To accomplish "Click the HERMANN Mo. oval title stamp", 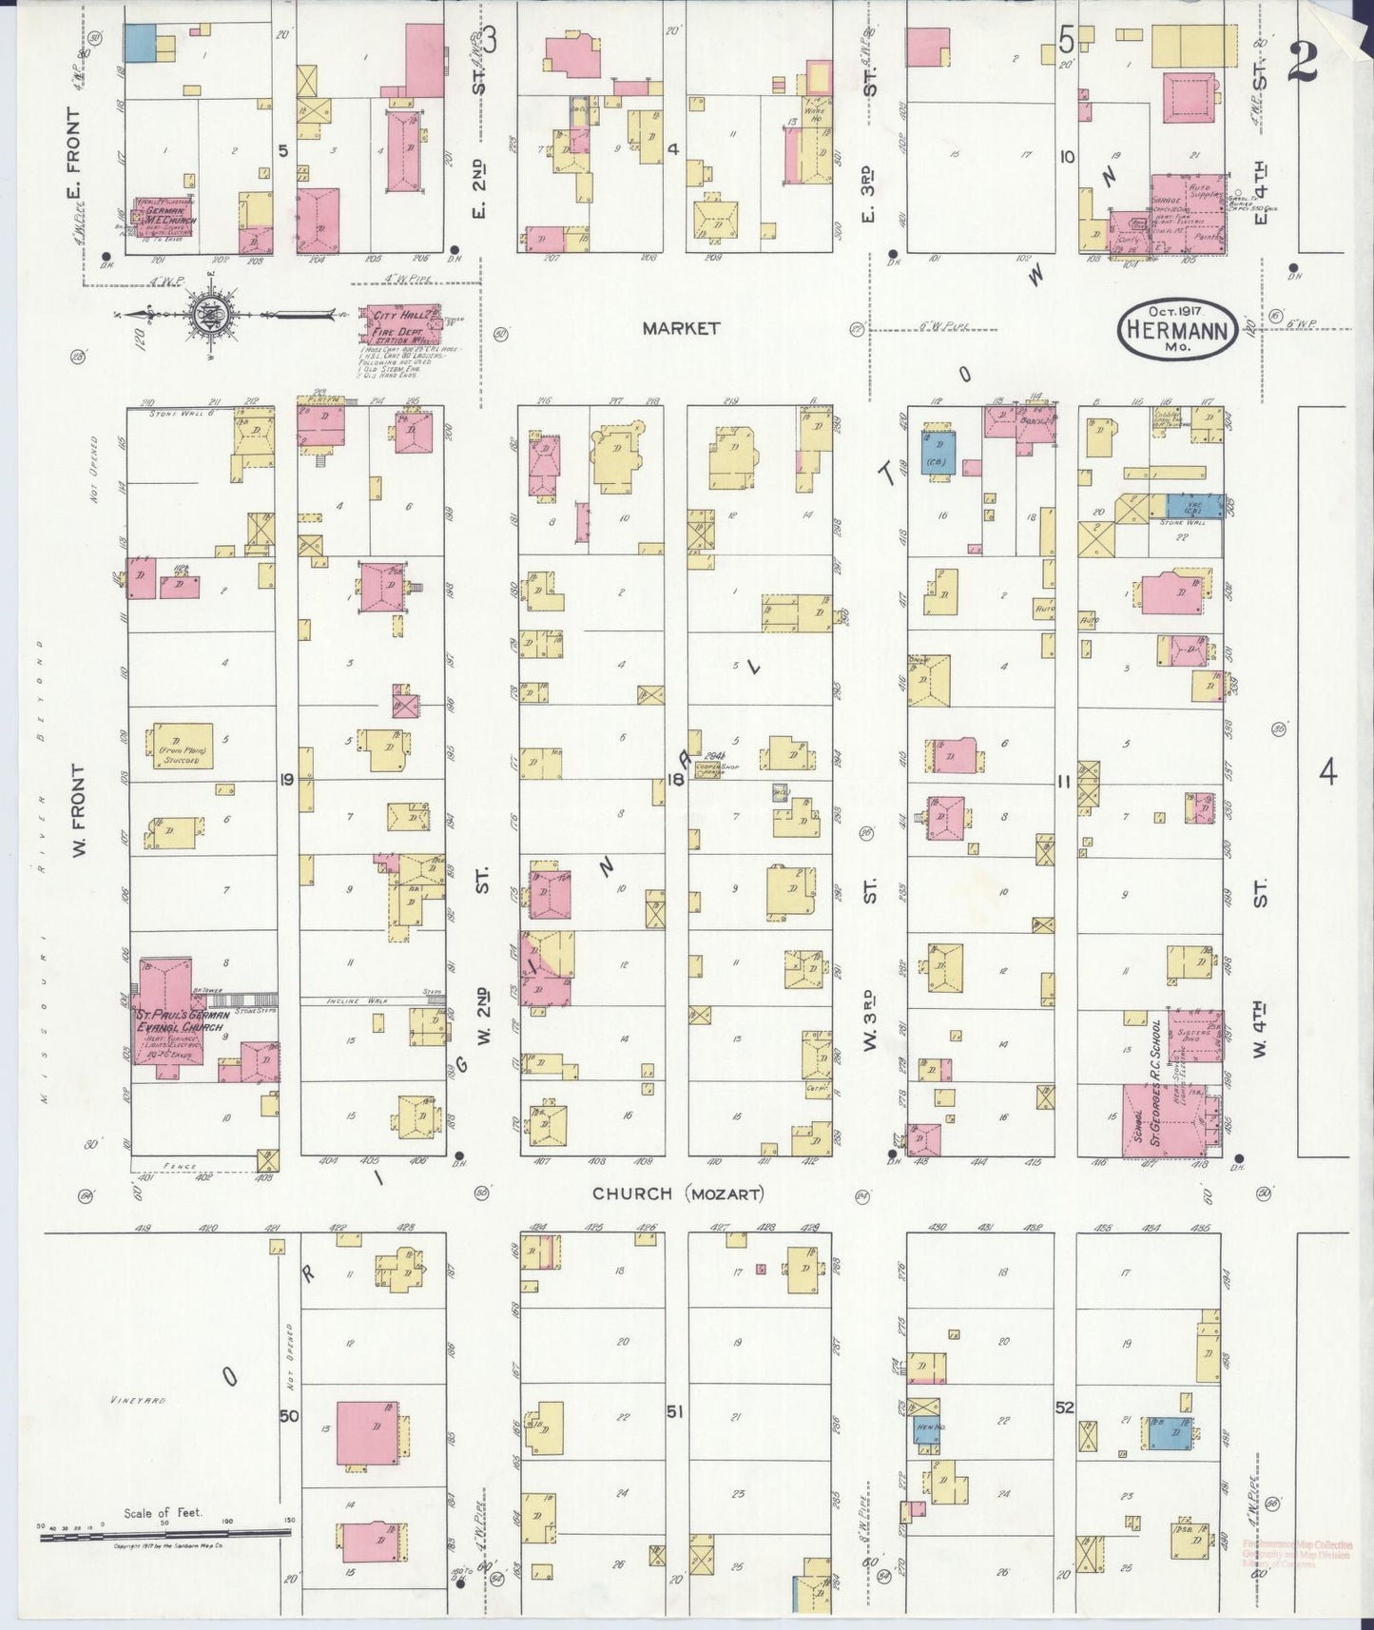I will [x=1176, y=329].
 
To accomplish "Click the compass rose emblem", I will [x=206, y=316].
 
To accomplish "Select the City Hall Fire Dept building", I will [x=397, y=326].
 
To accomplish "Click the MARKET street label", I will [x=681, y=328].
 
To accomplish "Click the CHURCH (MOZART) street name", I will [x=678, y=1193].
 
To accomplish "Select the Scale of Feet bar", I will [x=166, y=1532].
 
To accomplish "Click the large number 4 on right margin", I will [x=1327, y=772].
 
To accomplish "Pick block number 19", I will [x=285, y=780].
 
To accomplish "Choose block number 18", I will [x=675, y=780].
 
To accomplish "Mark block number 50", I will [x=289, y=1416].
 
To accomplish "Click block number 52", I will [x=1064, y=1407].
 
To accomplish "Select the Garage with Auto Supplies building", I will [x=1187, y=214].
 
